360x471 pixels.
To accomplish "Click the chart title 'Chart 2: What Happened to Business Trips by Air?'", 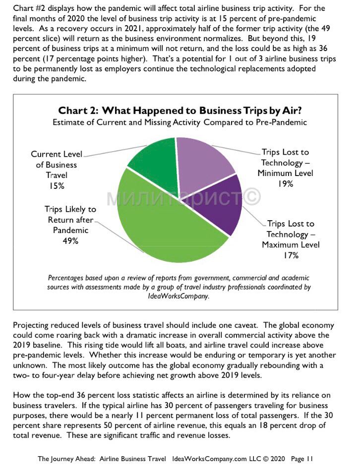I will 180,110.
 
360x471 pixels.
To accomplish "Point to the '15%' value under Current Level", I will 57,186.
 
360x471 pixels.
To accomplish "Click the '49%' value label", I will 70,241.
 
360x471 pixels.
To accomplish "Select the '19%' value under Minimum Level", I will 285,184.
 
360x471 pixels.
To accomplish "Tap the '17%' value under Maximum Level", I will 291,255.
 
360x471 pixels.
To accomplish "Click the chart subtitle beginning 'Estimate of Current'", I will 180,122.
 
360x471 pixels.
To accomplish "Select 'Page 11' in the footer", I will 301,459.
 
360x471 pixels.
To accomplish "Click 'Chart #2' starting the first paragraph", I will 29,8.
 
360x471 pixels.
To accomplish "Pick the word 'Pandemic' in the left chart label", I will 70,230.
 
